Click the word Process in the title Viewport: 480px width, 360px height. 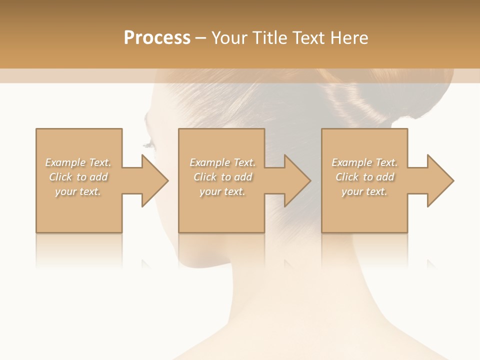pos(157,38)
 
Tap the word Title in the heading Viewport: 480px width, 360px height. pos(268,38)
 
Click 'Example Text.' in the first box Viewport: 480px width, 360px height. pos(78,162)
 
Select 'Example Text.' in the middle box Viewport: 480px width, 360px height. pos(222,162)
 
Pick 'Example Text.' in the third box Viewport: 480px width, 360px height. pos(364,162)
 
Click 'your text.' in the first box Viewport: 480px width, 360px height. pos(78,191)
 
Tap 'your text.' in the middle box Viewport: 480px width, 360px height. pos(222,191)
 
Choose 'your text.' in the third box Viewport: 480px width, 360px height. pos(364,191)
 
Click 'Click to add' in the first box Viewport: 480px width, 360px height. pos(78,177)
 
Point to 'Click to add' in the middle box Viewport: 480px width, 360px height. pos(222,177)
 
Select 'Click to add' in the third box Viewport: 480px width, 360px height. pos(364,177)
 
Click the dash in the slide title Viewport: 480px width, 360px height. pos(201,38)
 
